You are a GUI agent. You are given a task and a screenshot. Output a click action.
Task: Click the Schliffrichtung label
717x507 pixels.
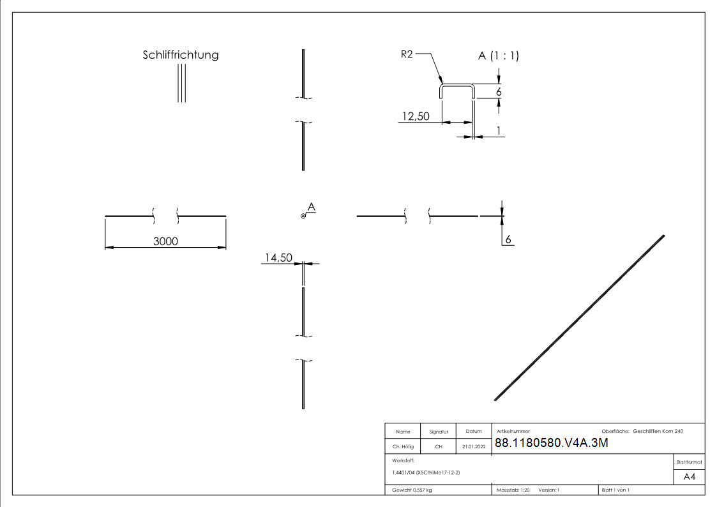pyautogui.click(x=180, y=55)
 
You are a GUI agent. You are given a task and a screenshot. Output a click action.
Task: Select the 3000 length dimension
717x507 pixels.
pyautogui.click(x=165, y=241)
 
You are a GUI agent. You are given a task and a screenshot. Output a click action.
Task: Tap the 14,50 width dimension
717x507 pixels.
pyautogui.click(x=278, y=257)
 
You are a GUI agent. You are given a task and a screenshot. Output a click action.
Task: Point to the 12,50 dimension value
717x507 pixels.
pyautogui.click(x=415, y=116)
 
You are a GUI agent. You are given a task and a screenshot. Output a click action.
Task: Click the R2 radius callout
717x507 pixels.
pyautogui.click(x=407, y=56)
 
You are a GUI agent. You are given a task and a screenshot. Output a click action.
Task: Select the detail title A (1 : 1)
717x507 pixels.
pyautogui.click(x=499, y=56)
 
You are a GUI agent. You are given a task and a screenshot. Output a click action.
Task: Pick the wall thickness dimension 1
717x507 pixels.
pyautogui.click(x=498, y=130)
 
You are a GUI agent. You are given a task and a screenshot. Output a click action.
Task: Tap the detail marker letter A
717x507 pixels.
pyautogui.click(x=311, y=206)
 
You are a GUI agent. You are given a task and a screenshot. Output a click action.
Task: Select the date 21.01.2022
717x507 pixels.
pyautogui.click(x=473, y=447)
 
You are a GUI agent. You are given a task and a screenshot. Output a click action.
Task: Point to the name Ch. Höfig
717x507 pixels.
pyautogui.click(x=402, y=447)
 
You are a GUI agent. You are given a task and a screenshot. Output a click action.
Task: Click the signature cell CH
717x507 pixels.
pyautogui.click(x=439, y=447)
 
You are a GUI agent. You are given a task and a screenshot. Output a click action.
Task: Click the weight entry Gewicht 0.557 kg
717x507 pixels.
pyautogui.click(x=412, y=490)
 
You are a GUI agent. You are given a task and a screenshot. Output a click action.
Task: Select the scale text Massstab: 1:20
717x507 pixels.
pyautogui.click(x=513, y=490)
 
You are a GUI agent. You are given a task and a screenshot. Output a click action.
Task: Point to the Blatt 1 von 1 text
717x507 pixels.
pyautogui.click(x=615, y=490)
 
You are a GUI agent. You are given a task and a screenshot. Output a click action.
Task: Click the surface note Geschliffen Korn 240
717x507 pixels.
pyautogui.click(x=658, y=432)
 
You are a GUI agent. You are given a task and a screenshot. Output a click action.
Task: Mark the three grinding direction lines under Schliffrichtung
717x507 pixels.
pyautogui.click(x=181, y=83)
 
